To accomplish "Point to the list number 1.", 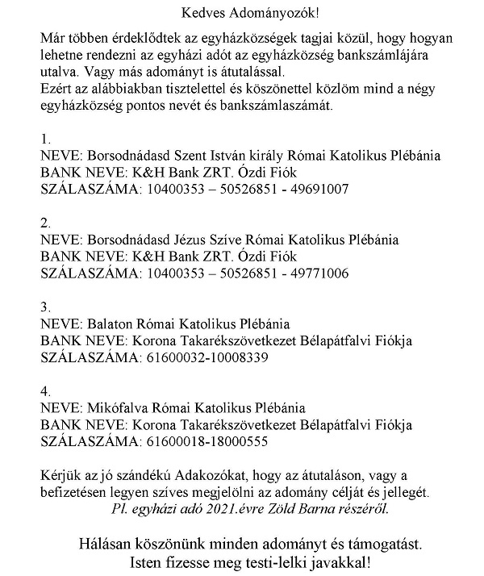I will [x=45, y=138].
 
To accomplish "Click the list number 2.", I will [x=45, y=223].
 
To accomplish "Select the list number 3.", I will [x=45, y=307].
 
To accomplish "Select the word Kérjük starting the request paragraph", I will [x=60, y=472].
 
